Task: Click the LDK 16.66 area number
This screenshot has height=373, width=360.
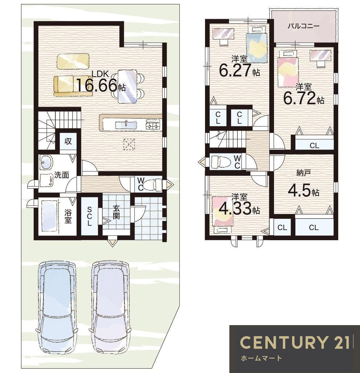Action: tap(97, 85)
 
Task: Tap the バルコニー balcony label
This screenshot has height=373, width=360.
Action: tap(303, 26)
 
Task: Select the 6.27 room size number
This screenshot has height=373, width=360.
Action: tap(235, 70)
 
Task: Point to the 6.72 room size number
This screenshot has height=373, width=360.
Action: tap(299, 98)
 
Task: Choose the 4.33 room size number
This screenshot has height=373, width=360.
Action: tap(235, 208)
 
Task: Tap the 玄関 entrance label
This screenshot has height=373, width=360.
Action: tap(116, 212)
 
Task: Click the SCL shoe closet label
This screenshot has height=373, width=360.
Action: tap(90, 216)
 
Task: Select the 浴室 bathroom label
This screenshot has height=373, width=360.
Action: tap(68, 216)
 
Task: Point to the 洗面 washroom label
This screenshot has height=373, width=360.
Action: tap(62, 175)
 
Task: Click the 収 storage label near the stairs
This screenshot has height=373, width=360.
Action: tap(68, 141)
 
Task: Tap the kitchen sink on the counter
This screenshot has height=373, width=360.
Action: tap(126, 125)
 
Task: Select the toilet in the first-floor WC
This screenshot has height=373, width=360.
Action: tap(152, 185)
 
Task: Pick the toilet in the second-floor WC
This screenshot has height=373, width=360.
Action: tap(221, 162)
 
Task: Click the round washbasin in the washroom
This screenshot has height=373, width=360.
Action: tap(46, 163)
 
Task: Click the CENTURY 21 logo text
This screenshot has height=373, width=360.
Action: tap(295, 342)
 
